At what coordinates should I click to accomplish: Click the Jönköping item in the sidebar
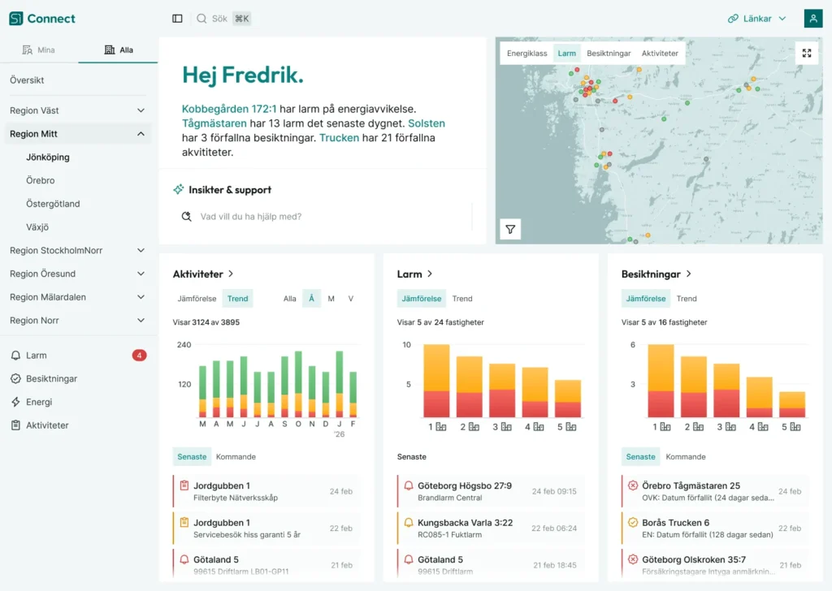click(x=48, y=157)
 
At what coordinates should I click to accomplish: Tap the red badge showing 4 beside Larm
click(x=139, y=355)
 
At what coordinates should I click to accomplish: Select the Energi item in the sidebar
click(x=39, y=402)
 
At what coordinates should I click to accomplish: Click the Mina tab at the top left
click(x=38, y=50)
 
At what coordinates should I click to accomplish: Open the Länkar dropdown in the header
click(x=756, y=19)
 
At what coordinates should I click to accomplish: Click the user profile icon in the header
click(x=812, y=19)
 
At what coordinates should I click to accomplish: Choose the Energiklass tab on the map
click(x=526, y=54)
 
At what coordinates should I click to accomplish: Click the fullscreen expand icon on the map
click(x=807, y=54)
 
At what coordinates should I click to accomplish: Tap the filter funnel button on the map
click(x=510, y=230)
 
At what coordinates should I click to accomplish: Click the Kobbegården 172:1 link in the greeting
click(x=229, y=108)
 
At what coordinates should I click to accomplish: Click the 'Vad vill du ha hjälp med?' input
click(x=325, y=217)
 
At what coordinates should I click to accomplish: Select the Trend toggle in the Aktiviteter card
click(x=238, y=299)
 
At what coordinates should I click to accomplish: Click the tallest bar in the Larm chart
click(x=436, y=381)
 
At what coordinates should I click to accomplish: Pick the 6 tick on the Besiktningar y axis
click(x=632, y=345)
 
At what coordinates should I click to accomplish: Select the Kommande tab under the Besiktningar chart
click(x=686, y=456)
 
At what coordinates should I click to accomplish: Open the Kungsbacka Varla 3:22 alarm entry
click(x=465, y=523)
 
